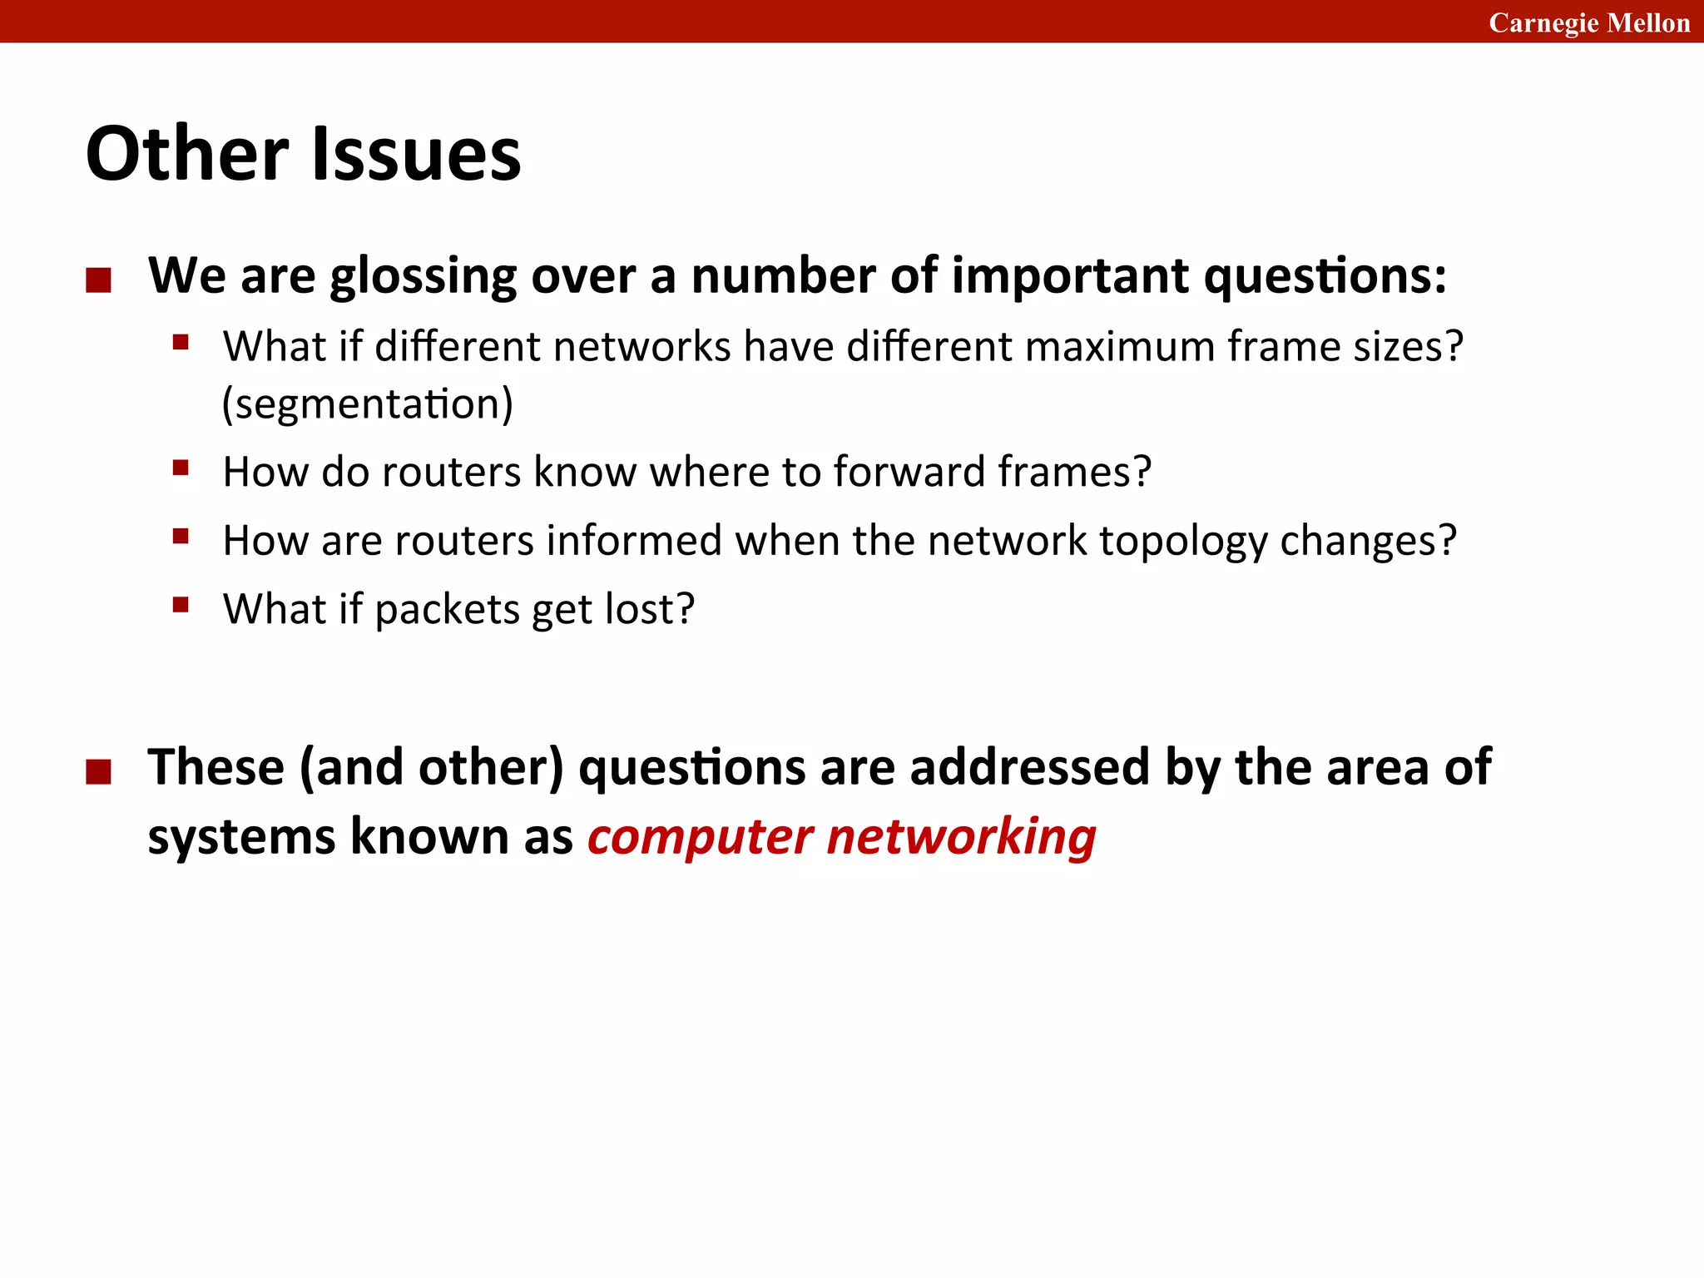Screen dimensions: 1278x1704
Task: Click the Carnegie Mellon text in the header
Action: pyautogui.click(x=1588, y=22)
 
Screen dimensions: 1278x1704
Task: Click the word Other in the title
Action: pyautogui.click(x=187, y=154)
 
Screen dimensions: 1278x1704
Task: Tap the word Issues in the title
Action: pyautogui.click(x=416, y=154)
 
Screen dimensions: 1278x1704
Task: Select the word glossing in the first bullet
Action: pyautogui.click(x=423, y=277)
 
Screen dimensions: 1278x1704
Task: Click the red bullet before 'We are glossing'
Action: pyautogui.click(x=98, y=280)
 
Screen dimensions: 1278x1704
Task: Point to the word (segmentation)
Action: pyautogui.click(x=367, y=404)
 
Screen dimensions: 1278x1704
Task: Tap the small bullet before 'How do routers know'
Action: pyautogui.click(x=181, y=468)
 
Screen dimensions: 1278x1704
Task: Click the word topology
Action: pyautogui.click(x=1182, y=542)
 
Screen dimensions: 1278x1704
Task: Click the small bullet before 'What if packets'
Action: pyautogui.click(x=181, y=605)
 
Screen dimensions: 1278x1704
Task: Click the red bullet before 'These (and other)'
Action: pyautogui.click(x=98, y=772)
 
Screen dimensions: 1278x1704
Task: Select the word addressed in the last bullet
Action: pyautogui.click(x=1029, y=767)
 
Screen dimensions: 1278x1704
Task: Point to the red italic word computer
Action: pyautogui.click(x=699, y=837)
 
